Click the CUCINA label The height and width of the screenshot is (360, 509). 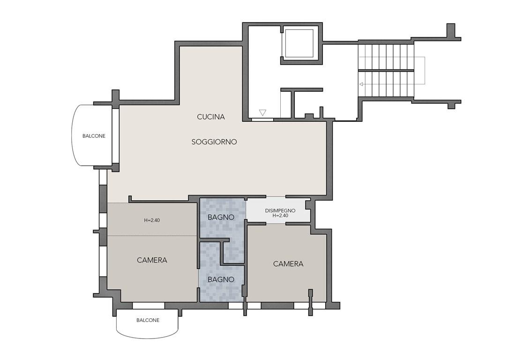(x=210, y=117)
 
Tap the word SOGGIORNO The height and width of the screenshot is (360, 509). (x=214, y=142)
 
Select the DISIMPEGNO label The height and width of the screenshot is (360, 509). (x=280, y=210)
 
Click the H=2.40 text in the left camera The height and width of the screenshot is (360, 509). (x=152, y=220)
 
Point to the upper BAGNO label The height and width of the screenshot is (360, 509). (x=221, y=217)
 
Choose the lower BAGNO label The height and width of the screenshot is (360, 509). (x=221, y=279)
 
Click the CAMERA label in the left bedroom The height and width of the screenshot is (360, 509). (x=152, y=260)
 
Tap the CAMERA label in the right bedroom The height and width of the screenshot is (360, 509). (x=288, y=264)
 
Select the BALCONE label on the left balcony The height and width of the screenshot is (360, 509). (x=94, y=136)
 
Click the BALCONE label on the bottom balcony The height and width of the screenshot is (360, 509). (x=148, y=320)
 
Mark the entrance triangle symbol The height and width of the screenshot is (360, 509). (x=262, y=112)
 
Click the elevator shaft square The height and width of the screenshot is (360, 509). (x=299, y=44)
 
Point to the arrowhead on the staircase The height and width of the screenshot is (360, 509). (x=361, y=84)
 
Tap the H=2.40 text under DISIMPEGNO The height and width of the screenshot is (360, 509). (x=280, y=215)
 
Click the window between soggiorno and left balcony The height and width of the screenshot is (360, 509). (x=115, y=136)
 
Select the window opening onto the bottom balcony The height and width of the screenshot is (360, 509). (x=149, y=306)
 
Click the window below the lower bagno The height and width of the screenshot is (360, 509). (x=236, y=306)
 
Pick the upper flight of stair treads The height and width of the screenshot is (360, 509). (x=386, y=57)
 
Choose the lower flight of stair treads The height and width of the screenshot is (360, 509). (x=386, y=84)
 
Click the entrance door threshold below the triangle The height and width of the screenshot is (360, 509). (x=262, y=120)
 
